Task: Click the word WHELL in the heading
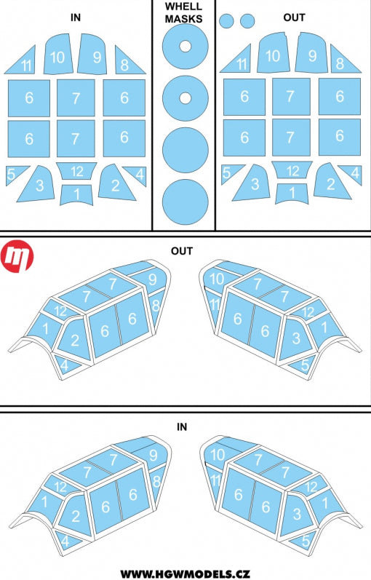[183, 7]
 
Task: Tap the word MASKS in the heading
[183, 18]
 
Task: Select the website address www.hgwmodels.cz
[185, 573]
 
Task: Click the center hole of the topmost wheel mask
[185, 47]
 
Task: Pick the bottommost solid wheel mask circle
[185, 202]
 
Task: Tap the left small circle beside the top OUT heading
[226, 21]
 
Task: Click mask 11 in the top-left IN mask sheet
[23, 60]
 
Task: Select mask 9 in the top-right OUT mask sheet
[311, 52]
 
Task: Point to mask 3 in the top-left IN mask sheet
[37, 185]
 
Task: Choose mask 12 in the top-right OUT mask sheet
[292, 170]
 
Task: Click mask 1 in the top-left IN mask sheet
[76, 194]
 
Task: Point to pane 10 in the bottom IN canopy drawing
[218, 453]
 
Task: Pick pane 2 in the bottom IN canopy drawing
[75, 515]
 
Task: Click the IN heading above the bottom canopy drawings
[182, 427]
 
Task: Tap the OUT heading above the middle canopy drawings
[182, 251]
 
